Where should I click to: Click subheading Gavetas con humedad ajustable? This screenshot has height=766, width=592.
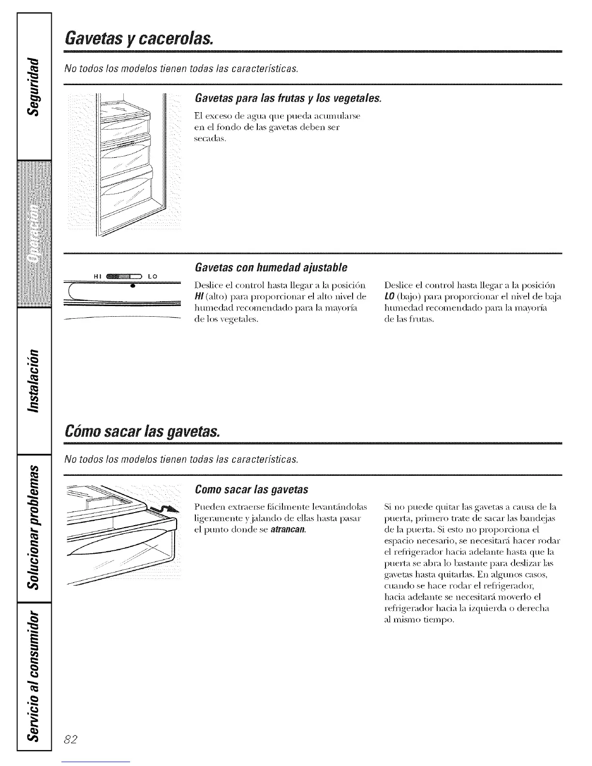pos(270,267)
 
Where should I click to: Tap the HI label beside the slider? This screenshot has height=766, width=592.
pos(95,276)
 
